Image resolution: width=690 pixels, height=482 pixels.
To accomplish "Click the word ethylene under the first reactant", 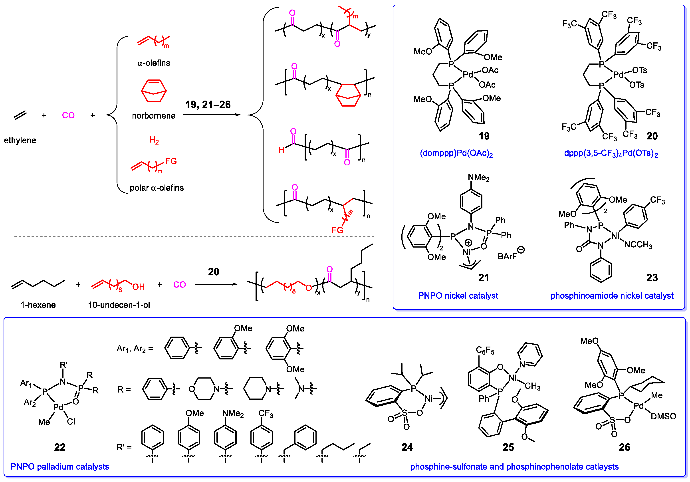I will (20, 140).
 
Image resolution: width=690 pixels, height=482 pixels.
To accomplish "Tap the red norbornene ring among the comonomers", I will (154, 91).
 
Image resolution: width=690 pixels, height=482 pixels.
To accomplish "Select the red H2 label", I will (154, 140).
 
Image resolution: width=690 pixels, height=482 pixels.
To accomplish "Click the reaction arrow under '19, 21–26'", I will (212, 115).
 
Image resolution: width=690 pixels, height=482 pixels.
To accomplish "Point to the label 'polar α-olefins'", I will (157, 188).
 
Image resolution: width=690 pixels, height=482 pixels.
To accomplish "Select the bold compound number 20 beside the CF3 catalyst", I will (652, 136).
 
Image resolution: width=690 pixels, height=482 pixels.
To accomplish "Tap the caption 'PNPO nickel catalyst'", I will (458, 296).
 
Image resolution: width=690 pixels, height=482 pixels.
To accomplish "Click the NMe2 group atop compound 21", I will (478, 178).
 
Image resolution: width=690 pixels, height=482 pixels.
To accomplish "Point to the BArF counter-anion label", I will (507, 256).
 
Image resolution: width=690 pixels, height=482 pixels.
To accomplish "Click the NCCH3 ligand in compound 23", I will (638, 245).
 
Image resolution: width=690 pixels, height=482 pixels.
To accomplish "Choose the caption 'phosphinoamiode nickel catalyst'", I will (612, 296).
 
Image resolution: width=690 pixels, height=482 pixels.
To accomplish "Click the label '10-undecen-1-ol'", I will (119, 305).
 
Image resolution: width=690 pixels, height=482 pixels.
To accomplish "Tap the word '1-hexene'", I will (38, 305).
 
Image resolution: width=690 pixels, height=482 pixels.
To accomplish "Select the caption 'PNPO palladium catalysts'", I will (59, 467).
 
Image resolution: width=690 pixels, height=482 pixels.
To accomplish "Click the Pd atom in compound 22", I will (58, 407).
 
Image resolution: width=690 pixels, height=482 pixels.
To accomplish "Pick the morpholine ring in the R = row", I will (204, 389).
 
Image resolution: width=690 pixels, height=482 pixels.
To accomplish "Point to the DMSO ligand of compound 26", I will (663, 417).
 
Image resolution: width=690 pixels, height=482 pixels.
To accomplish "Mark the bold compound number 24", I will (407, 447).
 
